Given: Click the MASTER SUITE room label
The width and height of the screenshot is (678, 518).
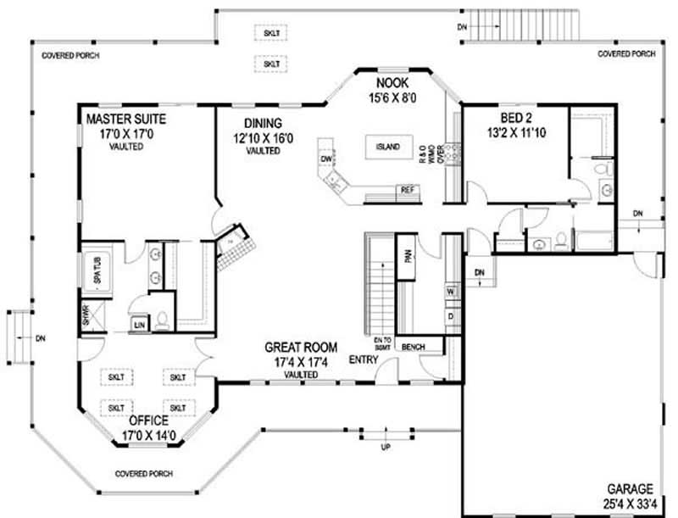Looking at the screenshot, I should pyautogui.click(x=125, y=119).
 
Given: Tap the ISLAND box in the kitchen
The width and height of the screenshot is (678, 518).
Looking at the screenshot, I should pyautogui.click(x=386, y=147).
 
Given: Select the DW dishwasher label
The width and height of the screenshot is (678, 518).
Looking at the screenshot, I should pyautogui.click(x=325, y=159).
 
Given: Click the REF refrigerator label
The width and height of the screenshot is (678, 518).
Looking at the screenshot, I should pyautogui.click(x=407, y=189).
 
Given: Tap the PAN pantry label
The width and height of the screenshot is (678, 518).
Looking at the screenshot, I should pyautogui.click(x=408, y=255).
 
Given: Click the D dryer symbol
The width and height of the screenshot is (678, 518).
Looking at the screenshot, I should pyautogui.click(x=451, y=315).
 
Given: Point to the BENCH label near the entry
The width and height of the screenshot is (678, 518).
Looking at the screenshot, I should pyautogui.click(x=414, y=348).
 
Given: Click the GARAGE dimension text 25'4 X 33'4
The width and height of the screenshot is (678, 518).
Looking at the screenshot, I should pyautogui.click(x=628, y=503).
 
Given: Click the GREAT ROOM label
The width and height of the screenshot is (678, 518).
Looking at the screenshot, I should pyautogui.click(x=301, y=347).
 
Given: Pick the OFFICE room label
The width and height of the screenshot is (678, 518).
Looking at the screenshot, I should pyautogui.click(x=147, y=420).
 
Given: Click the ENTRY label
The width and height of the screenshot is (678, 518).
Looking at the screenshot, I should pyautogui.click(x=364, y=359).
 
